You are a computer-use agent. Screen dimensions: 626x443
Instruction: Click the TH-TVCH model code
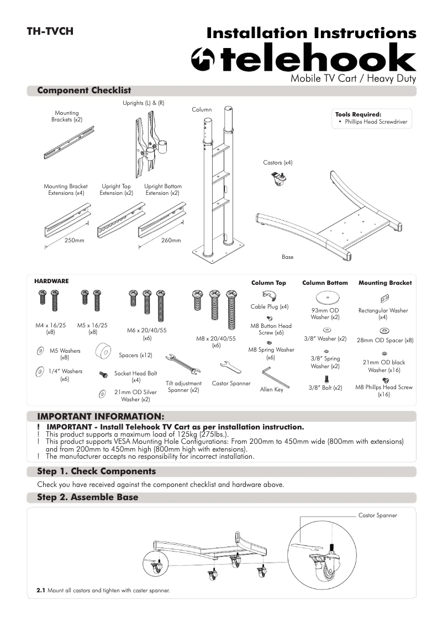pyautogui.click(x=50, y=31)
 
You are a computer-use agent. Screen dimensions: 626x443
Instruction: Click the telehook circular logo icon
pyautogui.click(x=202, y=60)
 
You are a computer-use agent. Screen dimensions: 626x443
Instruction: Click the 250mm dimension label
pyautogui.click(x=74, y=241)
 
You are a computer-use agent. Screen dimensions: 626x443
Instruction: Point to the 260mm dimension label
pyautogui.click(x=171, y=241)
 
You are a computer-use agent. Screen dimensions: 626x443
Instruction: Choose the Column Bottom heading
pyautogui.click(x=325, y=283)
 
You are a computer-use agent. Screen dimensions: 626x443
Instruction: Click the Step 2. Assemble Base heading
pyautogui.click(x=87, y=497)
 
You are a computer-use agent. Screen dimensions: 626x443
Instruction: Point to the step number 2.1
pyautogui.click(x=40, y=591)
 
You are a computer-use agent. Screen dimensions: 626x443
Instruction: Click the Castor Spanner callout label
pyautogui.click(x=377, y=516)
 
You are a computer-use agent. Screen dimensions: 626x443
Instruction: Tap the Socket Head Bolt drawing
pyautogui.click(x=103, y=374)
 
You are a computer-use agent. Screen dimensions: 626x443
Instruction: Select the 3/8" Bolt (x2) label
pyautogui.click(x=325, y=388)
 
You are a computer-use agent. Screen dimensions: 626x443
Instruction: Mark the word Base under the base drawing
pyautogui.click(x=287, y=257)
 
